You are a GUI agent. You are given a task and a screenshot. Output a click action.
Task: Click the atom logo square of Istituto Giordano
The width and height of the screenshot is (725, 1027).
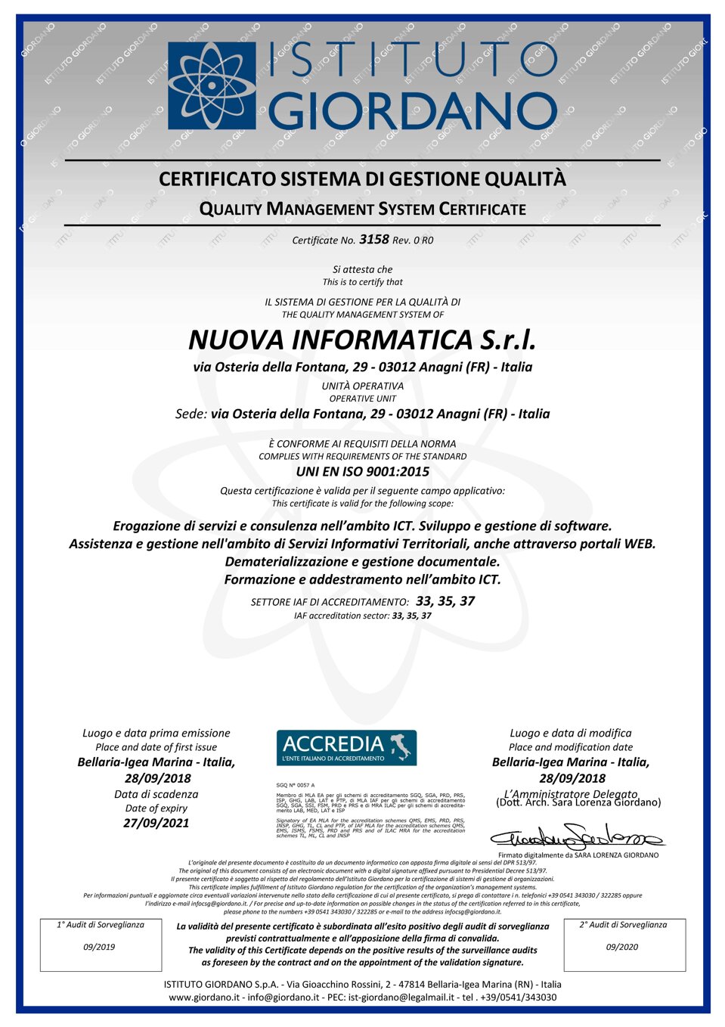[x=211, y=85]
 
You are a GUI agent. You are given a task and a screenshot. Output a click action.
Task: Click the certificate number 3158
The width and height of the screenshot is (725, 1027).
[x=374, y=239]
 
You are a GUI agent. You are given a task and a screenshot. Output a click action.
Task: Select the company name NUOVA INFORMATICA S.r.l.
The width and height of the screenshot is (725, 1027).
[x=362, y=340]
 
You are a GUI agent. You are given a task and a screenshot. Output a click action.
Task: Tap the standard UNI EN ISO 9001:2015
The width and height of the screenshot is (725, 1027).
[x=362, y=471]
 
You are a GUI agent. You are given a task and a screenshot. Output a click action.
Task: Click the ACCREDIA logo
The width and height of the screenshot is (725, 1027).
[x=346, y=747]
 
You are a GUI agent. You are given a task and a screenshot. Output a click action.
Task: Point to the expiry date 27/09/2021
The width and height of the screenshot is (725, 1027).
[x=156, y=823]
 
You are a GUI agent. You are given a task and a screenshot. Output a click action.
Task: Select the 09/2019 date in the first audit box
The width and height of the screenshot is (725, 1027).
[x=99, y=947]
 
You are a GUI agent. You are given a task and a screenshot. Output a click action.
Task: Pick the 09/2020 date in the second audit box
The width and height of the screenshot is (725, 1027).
[x=621, y=947]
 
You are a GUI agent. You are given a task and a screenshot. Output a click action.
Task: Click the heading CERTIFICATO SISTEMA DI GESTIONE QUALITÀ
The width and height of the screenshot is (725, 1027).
[x=362, y=179]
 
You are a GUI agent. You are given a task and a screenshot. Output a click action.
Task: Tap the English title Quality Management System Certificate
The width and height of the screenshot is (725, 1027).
[x=362, y=209]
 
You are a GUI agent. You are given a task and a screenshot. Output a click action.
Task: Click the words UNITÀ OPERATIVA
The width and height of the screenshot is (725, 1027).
[x=362, y=386]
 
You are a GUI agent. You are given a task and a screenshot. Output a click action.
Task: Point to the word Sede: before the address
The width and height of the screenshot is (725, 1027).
[x=191, y=414]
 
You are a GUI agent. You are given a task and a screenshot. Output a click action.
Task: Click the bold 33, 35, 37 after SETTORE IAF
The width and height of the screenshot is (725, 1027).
[x=445, y=601]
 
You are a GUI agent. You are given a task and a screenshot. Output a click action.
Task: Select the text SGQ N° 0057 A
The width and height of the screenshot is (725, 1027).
[x=296, y=785]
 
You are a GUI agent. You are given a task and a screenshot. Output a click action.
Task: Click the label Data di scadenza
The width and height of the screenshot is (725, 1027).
[x=156, y=794]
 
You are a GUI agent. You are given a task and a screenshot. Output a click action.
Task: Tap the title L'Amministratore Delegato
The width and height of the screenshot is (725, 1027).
[x=571, y=793]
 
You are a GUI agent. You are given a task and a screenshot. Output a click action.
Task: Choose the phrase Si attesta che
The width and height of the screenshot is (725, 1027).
[x=362, y=269]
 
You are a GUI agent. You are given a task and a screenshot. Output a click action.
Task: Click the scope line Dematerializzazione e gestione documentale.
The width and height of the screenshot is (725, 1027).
[x=362, y=561]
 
